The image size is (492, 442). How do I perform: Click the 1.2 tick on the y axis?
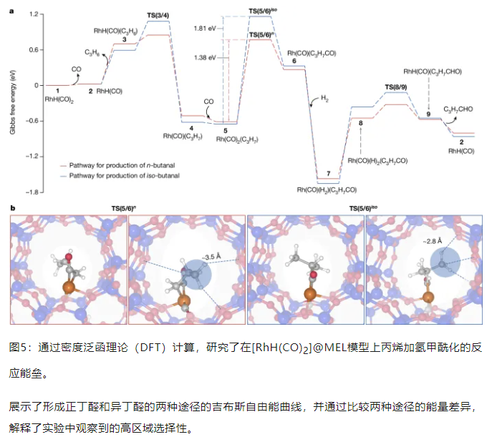tap(32, 14)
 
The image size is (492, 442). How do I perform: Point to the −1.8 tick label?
tap(32, 192)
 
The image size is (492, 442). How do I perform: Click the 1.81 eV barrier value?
tap(206, 27)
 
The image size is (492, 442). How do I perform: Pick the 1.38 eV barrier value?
tap(206, 55)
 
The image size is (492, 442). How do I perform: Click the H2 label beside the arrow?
tap(325, 98)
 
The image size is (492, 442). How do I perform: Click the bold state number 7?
tap(327, 174)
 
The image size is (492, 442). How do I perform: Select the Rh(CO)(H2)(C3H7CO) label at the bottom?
tap(329, 189)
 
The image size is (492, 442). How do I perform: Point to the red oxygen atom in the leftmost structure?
tap(69, 256)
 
